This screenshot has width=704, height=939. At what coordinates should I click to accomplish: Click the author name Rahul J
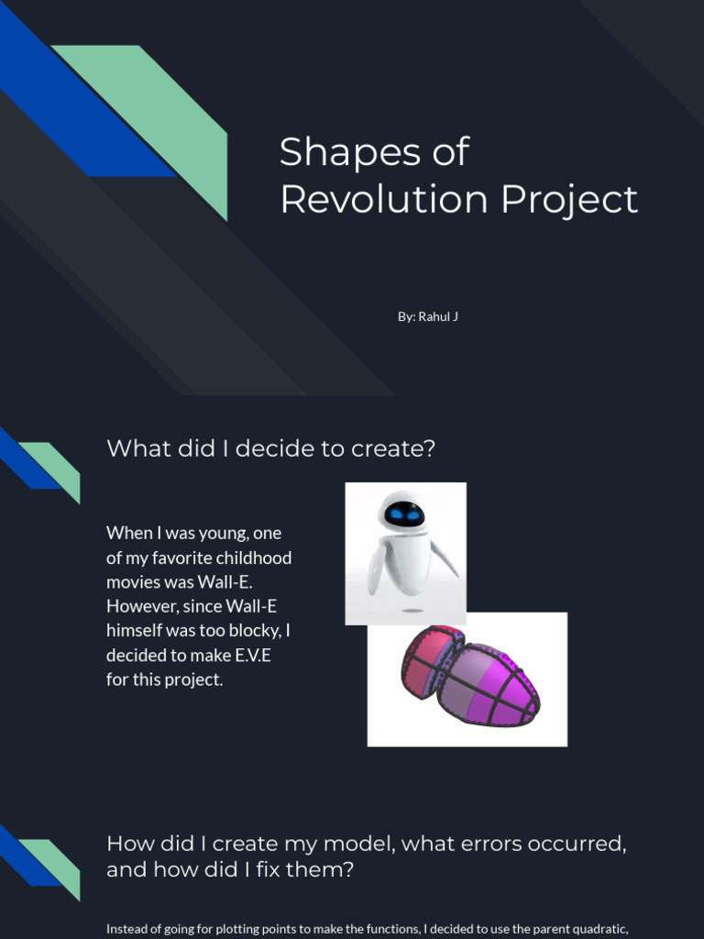[438, 316]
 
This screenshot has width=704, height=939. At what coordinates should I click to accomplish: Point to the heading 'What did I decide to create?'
[271, 448]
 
